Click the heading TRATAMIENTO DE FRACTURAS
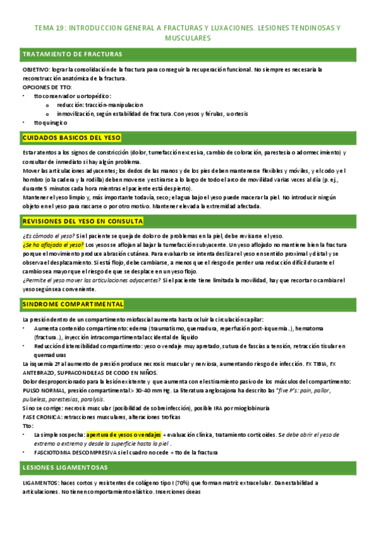(72, 54)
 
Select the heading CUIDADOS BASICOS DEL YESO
(72, 138)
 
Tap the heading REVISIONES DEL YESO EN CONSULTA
(83, 221)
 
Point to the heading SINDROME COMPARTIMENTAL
(73, 304)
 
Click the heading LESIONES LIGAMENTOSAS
(64, 467)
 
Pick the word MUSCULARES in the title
(188, 38)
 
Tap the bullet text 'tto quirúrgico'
(50, 123)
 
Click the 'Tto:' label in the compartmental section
(27, 425)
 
